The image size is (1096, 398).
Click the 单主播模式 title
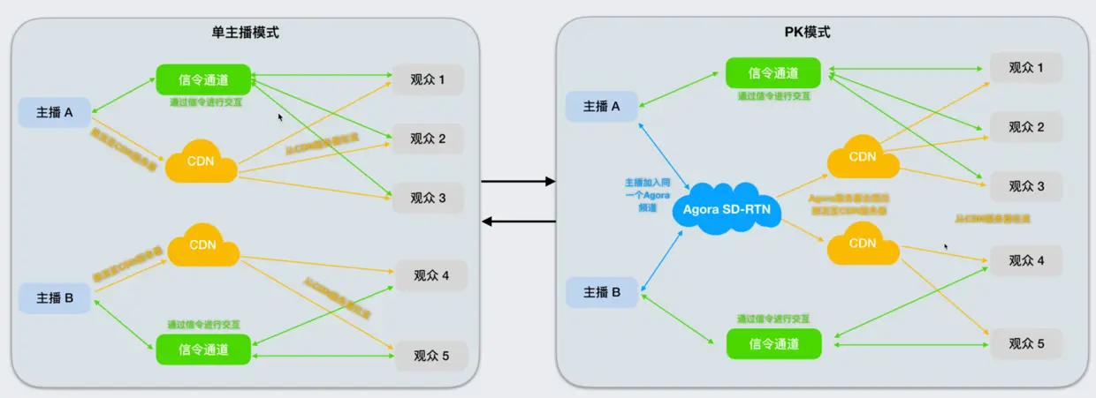(245, 33)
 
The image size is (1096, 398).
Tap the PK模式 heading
(807, 33)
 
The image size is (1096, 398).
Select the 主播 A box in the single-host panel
(55, 112)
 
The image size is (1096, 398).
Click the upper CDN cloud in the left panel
(201, 161)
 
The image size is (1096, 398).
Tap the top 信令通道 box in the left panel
(203, 80)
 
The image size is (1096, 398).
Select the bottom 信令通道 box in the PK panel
(773, 343)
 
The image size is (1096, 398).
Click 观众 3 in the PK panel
(1026, 186)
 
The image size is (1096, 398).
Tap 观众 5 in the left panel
(431, 357)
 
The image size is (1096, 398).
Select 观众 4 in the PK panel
(1026, 261)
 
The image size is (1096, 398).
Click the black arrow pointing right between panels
(517, 182)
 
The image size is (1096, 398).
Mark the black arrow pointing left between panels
(517, 221)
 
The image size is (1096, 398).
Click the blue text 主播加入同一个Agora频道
(647, 194)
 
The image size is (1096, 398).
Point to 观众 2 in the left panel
(428, 139)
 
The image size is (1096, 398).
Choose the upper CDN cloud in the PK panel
(862, 157)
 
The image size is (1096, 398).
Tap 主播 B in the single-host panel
(55, 297)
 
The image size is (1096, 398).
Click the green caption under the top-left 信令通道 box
(206, 101)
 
